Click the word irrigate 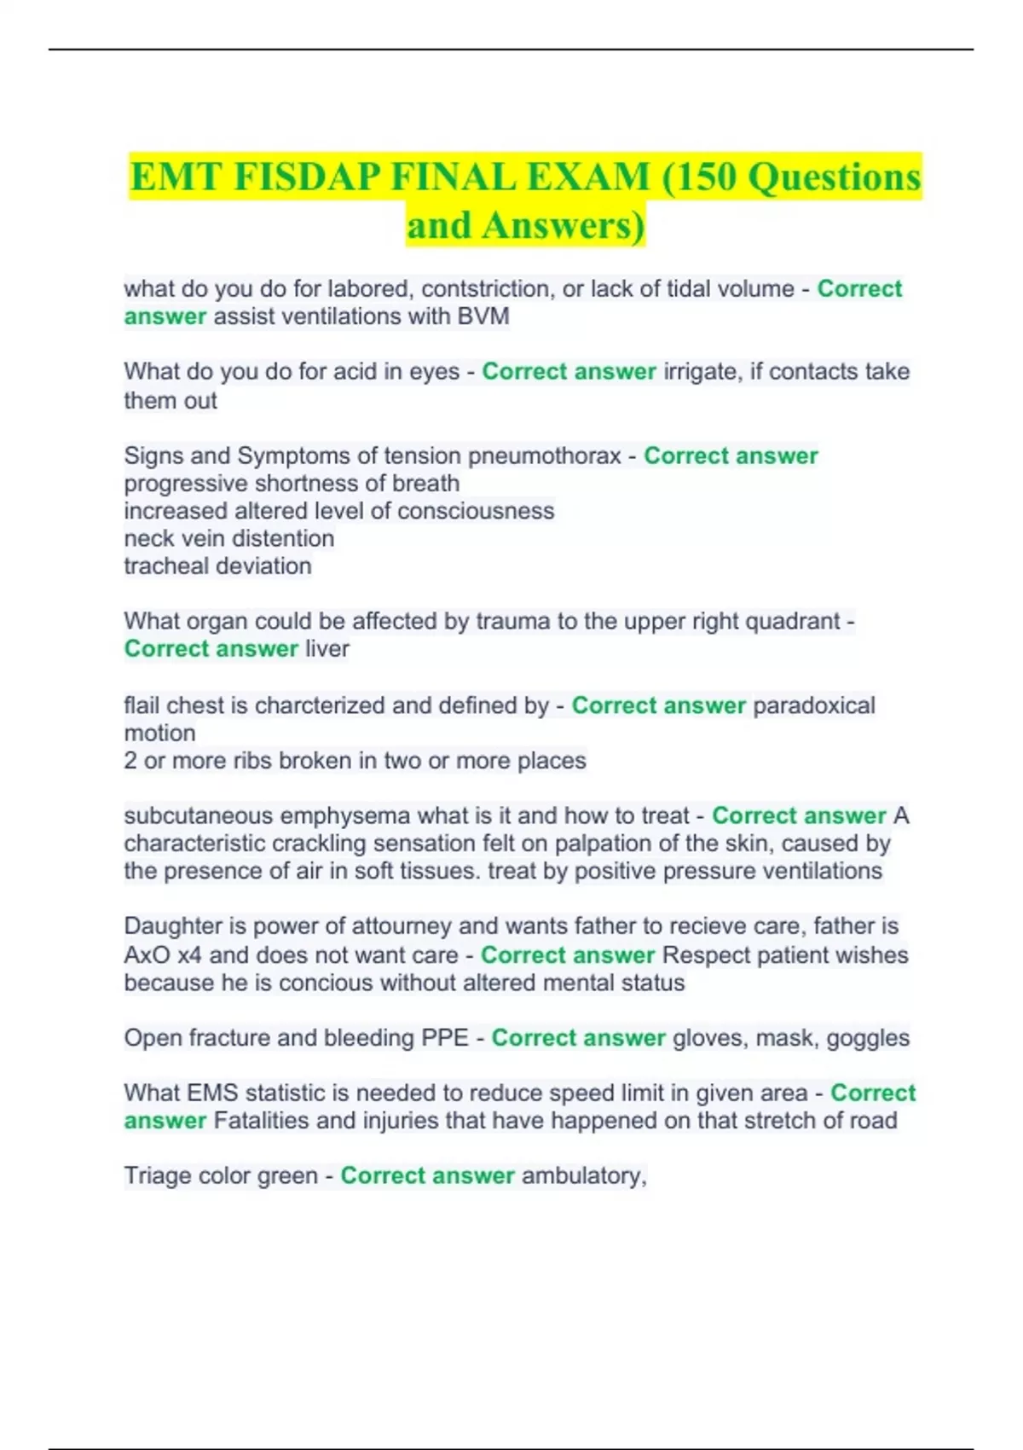[702, 372]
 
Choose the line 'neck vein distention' [228, 538]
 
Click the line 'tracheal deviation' [217, 565]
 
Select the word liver [327, 649]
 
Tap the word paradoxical [814, 705]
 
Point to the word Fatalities [261, 1121]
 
